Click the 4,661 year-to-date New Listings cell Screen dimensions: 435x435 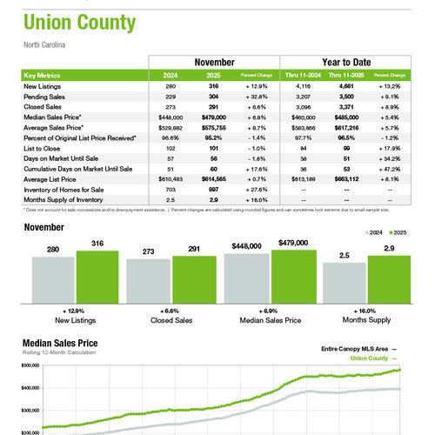pyautogui.click(x=346, y=87)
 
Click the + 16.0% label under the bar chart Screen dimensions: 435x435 pyautogui.click(x=365, y=310)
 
